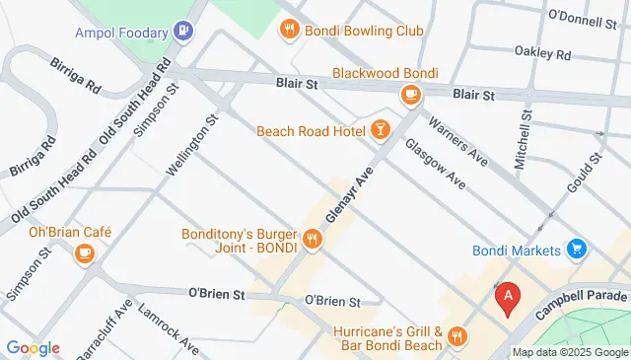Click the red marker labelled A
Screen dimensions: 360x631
click(507, 296)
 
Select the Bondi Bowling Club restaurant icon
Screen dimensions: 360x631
click(289, 31)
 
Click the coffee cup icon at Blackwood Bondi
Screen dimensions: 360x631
click(410, 95)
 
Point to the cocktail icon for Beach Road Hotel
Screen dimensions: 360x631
click(380, 130)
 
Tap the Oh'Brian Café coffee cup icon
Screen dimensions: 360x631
click(84, 254)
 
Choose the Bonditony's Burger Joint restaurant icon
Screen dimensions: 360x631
click(313, 238)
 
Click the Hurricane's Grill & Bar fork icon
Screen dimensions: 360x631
click(456, 337)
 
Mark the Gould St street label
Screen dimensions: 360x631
click(583, 174)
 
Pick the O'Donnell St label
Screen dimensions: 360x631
click(581, 17)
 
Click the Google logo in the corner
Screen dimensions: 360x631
click(33, 347)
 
